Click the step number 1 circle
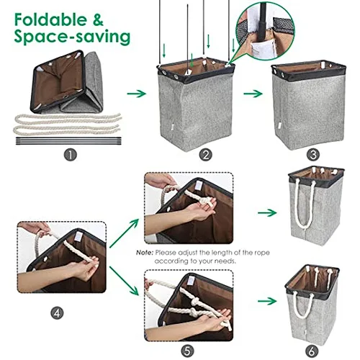(70, 155)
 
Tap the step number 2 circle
(206, 155)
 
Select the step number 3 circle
(313, 155)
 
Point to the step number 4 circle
(57, 313)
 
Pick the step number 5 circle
(188, 351)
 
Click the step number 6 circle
(312, 351)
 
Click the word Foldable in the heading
(50, 19)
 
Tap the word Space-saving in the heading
(72, 37)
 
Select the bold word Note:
(144, 253)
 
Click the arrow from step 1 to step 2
(136, 94)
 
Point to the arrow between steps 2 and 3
(253, 94)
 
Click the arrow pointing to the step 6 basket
(267, 301)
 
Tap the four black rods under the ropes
(68, 140)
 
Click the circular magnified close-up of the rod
(265, 32)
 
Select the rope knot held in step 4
(95, 262)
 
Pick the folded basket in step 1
(67, 82)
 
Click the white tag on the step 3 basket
(279, 126)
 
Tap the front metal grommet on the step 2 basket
(176, 77)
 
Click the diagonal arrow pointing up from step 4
(124, 233)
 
